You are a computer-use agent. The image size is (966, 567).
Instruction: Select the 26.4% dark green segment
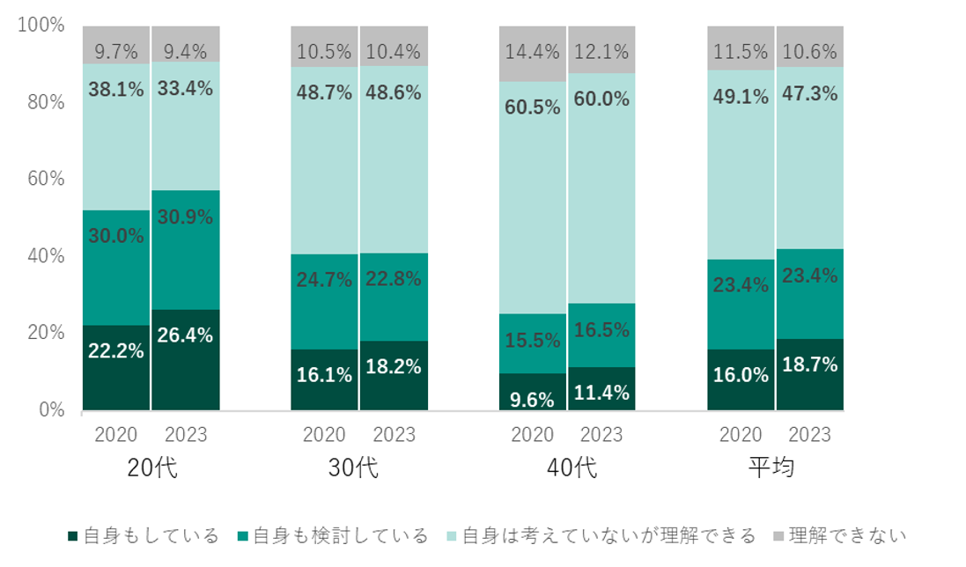(x=186, y=359)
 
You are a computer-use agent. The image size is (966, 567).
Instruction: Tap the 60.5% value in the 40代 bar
(x=533, y=108)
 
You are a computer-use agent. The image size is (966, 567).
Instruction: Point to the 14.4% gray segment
(x=533, y=53)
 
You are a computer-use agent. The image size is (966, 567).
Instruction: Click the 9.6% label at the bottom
(x=533, y=399)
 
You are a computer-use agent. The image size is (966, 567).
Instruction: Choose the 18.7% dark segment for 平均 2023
(x=810, y=374)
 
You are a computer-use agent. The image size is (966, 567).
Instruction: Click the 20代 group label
(x=151, y=468)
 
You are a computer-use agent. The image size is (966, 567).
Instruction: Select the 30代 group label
(x=359, y=468)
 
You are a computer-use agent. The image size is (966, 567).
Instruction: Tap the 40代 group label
(x=568, y=468)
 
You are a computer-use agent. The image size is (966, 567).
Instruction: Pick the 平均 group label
(x=776, y=468)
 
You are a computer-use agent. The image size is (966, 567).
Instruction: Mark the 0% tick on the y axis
(x=50, y=410)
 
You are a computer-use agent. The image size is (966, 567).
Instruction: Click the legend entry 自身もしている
(x=143, y=535)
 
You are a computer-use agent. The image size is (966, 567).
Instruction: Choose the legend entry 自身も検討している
(x=333, y=535)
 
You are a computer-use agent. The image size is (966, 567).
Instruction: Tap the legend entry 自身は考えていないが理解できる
(x=601, y=535)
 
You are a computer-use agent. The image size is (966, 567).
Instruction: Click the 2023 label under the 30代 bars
(x=394, y=435)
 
